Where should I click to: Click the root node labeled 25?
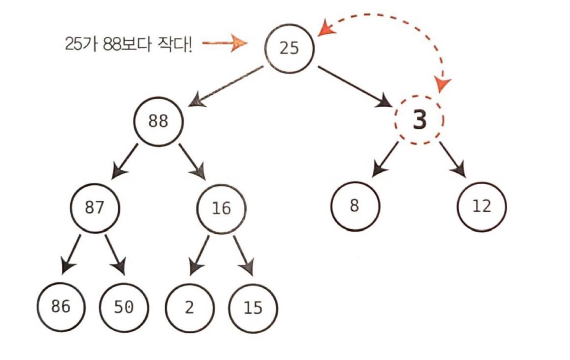click(289, 48)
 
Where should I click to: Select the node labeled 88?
click(158, 121)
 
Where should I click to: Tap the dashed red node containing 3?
click(419, 120)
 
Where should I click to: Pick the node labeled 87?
click(95, 208)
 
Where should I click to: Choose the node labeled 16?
click(221, 208)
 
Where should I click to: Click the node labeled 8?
click(355, 206)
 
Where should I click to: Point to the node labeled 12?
click(481, 206)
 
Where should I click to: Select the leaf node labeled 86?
click(61, 307)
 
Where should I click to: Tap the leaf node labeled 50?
click(124, 307)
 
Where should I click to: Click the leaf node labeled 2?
click(190, 308)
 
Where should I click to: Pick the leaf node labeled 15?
click(253, 308)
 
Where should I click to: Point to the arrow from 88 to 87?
click(125, 161)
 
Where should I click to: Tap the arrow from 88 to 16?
click(192, 162)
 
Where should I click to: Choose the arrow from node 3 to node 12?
click(452, 159)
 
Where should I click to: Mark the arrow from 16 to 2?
click(199, 255)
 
